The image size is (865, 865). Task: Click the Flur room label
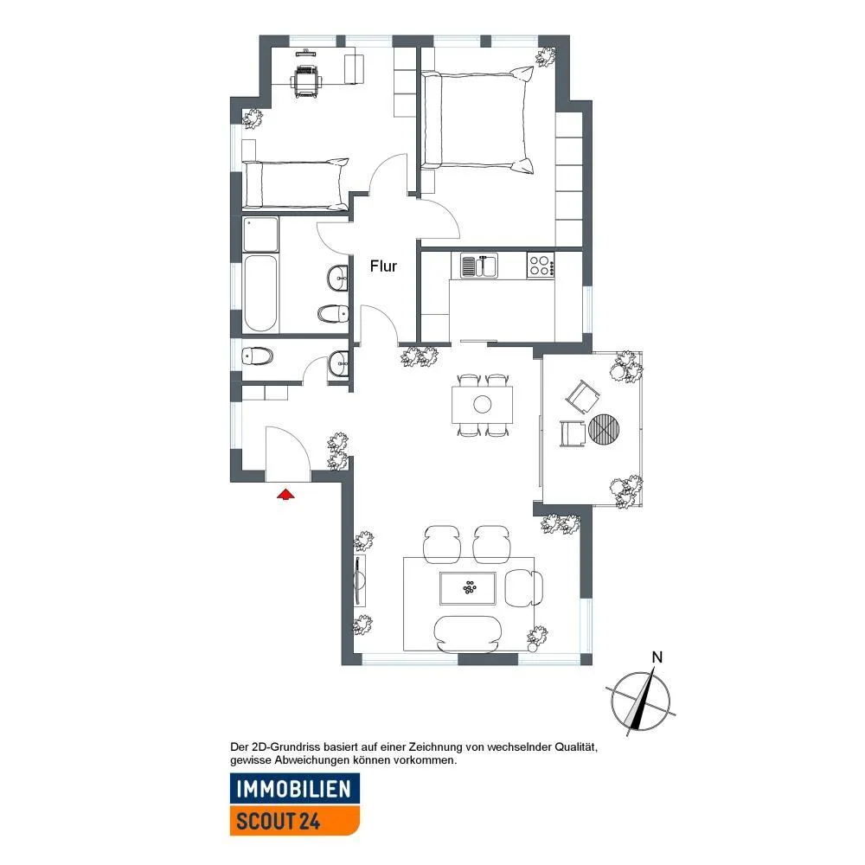pos(383,266)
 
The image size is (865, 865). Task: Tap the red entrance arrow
pos(285,494)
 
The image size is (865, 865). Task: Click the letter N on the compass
pos(657,657)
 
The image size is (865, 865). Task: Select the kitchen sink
pos(479,266)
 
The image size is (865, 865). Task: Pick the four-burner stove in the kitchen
pos(540,266)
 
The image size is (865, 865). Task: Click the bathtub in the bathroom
pos(260,293)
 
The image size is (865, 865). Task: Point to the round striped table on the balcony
pos(604,429)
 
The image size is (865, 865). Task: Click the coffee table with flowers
pos(468,588)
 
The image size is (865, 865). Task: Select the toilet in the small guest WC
pos(257,356)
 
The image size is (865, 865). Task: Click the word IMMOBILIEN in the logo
pos(293,789)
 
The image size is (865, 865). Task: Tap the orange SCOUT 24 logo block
pos(295,820)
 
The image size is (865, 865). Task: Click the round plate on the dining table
pos(482,404)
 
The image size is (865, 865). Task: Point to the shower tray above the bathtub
pos(260,234)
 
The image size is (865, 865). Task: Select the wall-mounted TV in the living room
pos(359,580)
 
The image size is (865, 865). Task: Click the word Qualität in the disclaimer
pos(575,747)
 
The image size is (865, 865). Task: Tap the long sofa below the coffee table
pos(468,634)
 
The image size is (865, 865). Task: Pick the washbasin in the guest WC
pos(338,363)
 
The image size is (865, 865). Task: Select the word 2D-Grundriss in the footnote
pos(285,747)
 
